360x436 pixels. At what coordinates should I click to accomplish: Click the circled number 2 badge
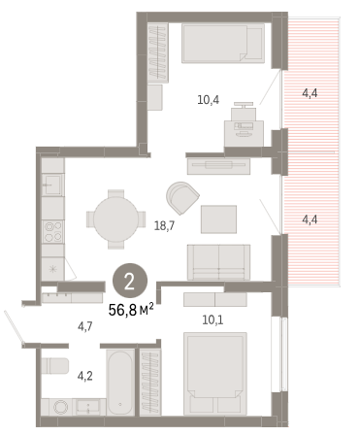point(130,281)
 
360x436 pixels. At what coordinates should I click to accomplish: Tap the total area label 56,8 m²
point(131,310)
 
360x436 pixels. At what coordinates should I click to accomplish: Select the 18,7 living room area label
point(164,225)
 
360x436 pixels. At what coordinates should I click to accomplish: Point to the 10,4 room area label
point(208,100)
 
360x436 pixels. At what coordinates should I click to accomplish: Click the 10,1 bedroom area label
point(213,319)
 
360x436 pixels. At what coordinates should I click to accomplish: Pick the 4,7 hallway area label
point(84,326)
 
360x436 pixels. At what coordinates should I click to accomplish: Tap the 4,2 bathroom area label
point(85,376)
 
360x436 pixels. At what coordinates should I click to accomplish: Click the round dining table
point(115,219)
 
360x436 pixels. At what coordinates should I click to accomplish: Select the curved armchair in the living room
point(182,198)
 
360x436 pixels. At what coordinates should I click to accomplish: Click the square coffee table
point(218,219)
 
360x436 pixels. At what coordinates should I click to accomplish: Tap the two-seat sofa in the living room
point(218,262)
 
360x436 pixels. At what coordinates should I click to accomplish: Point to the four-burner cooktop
point(53,232)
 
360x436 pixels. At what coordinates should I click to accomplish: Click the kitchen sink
point(52,184)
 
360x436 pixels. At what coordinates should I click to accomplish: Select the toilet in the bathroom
point(54,366)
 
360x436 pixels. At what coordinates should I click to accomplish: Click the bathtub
point(120,383)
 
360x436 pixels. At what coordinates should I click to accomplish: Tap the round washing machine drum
point(60,407)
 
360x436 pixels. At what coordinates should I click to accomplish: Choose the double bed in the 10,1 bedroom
point(215,374)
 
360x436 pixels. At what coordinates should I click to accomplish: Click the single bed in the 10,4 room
point(223,43)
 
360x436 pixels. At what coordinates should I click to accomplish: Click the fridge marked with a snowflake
point(52,269)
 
